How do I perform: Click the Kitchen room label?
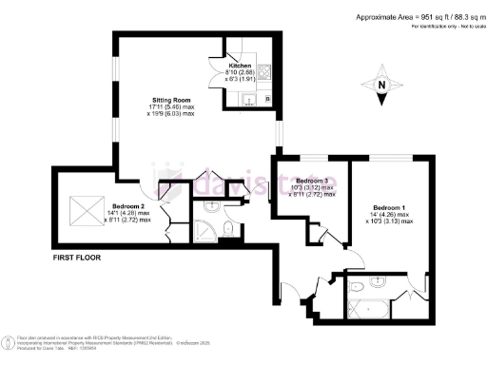[241, 66]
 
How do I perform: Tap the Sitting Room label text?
[174, 99]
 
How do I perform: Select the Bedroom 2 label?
[127, 206]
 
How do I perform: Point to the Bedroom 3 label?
[311, 181]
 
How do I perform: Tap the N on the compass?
[382, 86]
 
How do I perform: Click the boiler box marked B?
[268, 99]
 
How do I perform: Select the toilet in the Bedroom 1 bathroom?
[355, 285]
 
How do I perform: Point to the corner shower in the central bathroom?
[205, 228]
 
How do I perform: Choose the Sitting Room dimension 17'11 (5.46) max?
[174, 106]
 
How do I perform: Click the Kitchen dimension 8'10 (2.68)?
[241, 72]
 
